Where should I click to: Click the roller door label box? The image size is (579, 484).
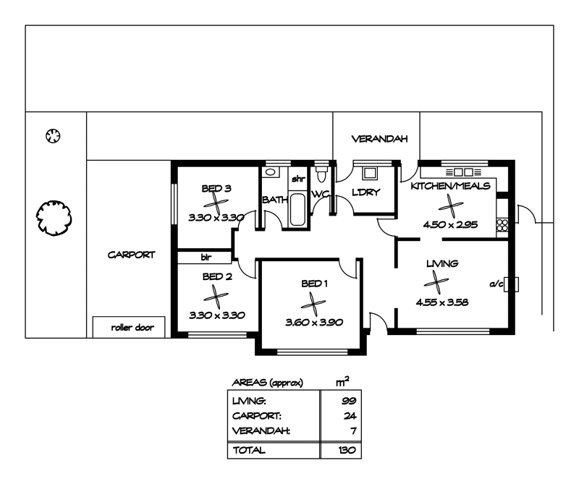coord(129,327)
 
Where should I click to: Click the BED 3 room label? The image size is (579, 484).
coord(216,189)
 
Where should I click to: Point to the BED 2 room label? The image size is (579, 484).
coord(216,276)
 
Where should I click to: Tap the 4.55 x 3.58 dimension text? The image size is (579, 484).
coord(441,302)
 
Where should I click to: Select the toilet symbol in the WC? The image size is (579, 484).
coord(323,174)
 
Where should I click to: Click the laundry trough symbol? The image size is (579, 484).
coord(370,174)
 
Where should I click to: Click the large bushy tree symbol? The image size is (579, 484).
coord(55,216)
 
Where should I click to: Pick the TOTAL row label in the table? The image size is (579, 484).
coord(248,450)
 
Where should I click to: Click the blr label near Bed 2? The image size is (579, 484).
coord(205,256)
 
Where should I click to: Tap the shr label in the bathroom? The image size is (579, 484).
coord(297,178)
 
